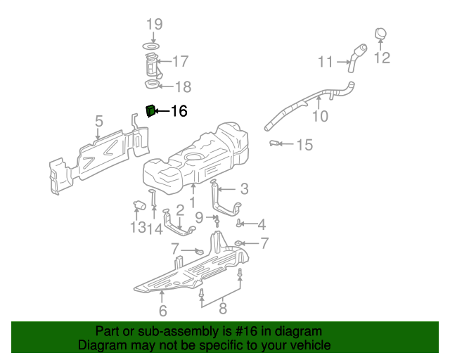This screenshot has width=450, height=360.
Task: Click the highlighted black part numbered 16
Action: pyautogui.click(x=150, y=111)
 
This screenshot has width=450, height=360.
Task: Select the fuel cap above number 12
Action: pyautogui.click(x=380, y=33)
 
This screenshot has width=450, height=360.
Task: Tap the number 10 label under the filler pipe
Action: pyautogui.click(x=320, y=117)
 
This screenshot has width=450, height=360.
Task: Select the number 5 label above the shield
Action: pyautogui.click(x=99, y=121)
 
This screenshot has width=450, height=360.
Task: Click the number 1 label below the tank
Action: pyautogui.click(x=191, y=202)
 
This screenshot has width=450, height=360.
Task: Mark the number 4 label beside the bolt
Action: pyautogui.click(x=261, y=225)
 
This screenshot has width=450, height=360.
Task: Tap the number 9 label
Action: pyautogui.click(x=199, y=217)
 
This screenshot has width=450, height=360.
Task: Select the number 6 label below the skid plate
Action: pyautogui.click(x=162, y=310)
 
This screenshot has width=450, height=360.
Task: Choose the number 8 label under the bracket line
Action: pyautogui.click(x=222, y=307)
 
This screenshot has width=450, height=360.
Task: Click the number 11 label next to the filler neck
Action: pyautogui.click(x=325, y=62)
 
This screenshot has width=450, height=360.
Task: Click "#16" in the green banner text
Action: pyautogui.click(x=244, y=331)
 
